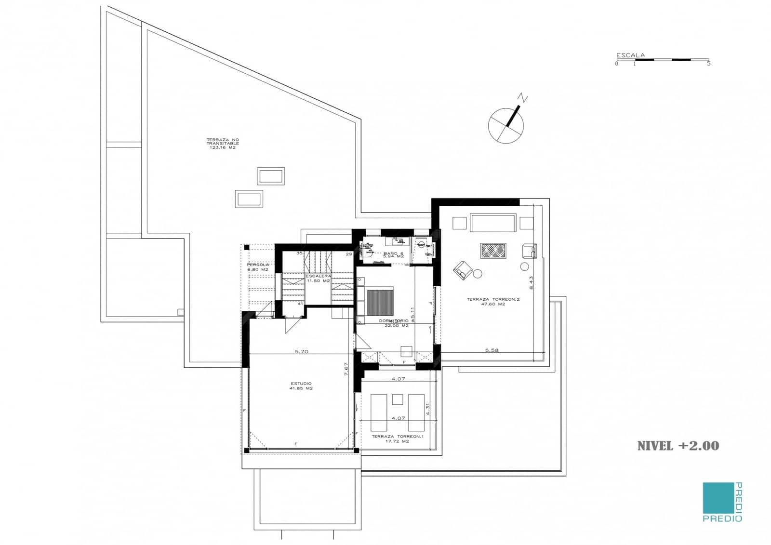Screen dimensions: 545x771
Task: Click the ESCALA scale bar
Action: click(663, 60)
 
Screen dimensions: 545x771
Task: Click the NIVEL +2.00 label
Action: click(678, 446)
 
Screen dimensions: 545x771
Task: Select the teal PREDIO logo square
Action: click(718, 498)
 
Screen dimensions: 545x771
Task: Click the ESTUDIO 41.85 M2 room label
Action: click(301, 386)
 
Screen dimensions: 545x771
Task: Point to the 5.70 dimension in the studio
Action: click(301, 351)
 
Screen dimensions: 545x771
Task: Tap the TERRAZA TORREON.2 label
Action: click(493, 302)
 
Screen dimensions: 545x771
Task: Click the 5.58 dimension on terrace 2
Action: click(492, 350)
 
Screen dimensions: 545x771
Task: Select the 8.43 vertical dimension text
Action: click(532, 282)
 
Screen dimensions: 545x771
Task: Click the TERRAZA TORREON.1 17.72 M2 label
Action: click(397, 439)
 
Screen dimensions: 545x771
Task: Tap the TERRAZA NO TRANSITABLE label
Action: click(223, 144)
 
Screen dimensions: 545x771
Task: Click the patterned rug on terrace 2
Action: click(493, 251)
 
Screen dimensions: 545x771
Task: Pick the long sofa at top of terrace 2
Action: click(493, 223)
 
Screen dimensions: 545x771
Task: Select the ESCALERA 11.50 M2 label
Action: click(319, 278)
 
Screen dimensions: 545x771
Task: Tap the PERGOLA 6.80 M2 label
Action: click(258, 267)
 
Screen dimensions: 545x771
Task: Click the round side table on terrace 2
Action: click(478, 274)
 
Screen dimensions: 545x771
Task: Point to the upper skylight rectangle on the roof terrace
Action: click(271, 176)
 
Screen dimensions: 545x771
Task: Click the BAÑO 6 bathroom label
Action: click(393, 254)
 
